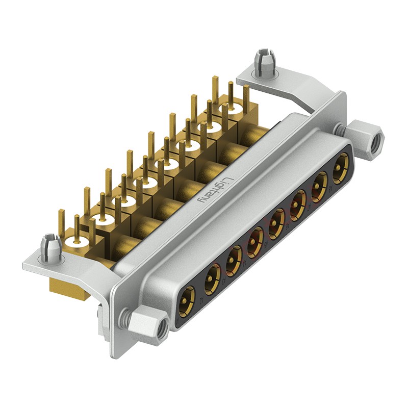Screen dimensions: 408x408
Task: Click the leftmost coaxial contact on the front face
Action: click(187, 299)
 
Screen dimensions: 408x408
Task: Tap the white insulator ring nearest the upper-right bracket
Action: click(225, 109)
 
